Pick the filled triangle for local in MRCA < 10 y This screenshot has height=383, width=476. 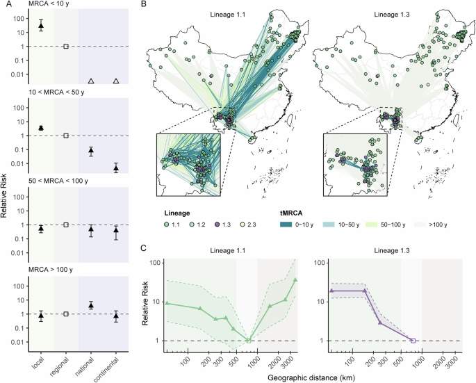(x=41, y=26)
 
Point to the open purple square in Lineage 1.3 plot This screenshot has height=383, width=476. (x=413, y=341)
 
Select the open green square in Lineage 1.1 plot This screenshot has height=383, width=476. (x=249, y=341)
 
